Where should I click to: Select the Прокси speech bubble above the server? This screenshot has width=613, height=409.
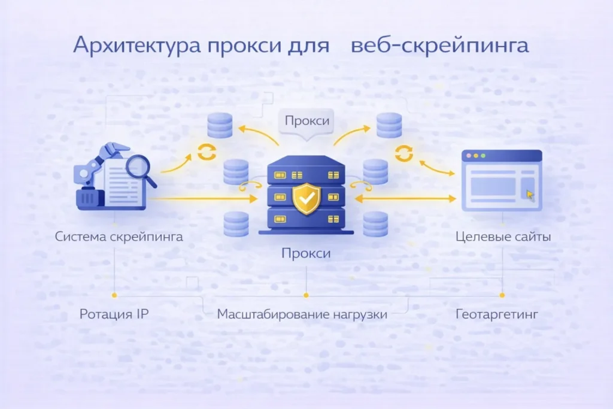306,121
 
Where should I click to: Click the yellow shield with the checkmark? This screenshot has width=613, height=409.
306,198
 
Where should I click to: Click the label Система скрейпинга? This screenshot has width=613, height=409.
119,236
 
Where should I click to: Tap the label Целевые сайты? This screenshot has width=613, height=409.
503,236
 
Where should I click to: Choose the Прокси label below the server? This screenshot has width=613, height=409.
306,253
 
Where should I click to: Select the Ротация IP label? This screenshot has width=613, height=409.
114,314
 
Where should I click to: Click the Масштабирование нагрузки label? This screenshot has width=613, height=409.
302,314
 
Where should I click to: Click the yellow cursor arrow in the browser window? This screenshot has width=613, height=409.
529,194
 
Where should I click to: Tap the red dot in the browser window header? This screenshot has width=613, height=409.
468,155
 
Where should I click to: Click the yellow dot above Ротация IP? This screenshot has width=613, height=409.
114,295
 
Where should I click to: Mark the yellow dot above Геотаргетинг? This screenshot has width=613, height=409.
502,295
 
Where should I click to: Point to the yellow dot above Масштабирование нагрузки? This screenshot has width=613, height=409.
306,295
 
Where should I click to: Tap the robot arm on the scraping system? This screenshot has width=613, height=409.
111,154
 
